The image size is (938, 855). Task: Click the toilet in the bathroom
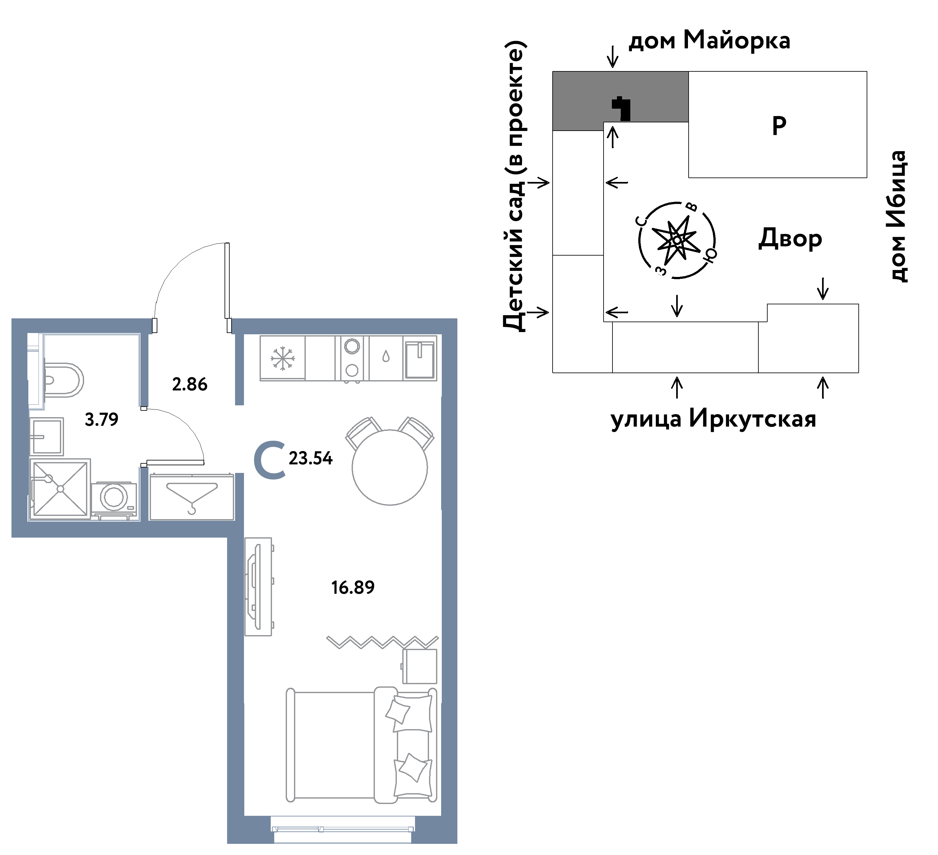63,380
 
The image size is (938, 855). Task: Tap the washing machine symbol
114,500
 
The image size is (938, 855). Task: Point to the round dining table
390,467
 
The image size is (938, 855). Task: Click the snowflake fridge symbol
283,359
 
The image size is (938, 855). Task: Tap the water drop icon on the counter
386,357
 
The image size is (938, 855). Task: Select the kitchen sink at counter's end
420,360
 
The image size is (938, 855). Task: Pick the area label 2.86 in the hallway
190,384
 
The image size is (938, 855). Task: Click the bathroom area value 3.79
101,419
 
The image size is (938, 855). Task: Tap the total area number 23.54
311,459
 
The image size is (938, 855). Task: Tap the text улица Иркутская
713,418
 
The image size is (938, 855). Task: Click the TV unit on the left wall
258,586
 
